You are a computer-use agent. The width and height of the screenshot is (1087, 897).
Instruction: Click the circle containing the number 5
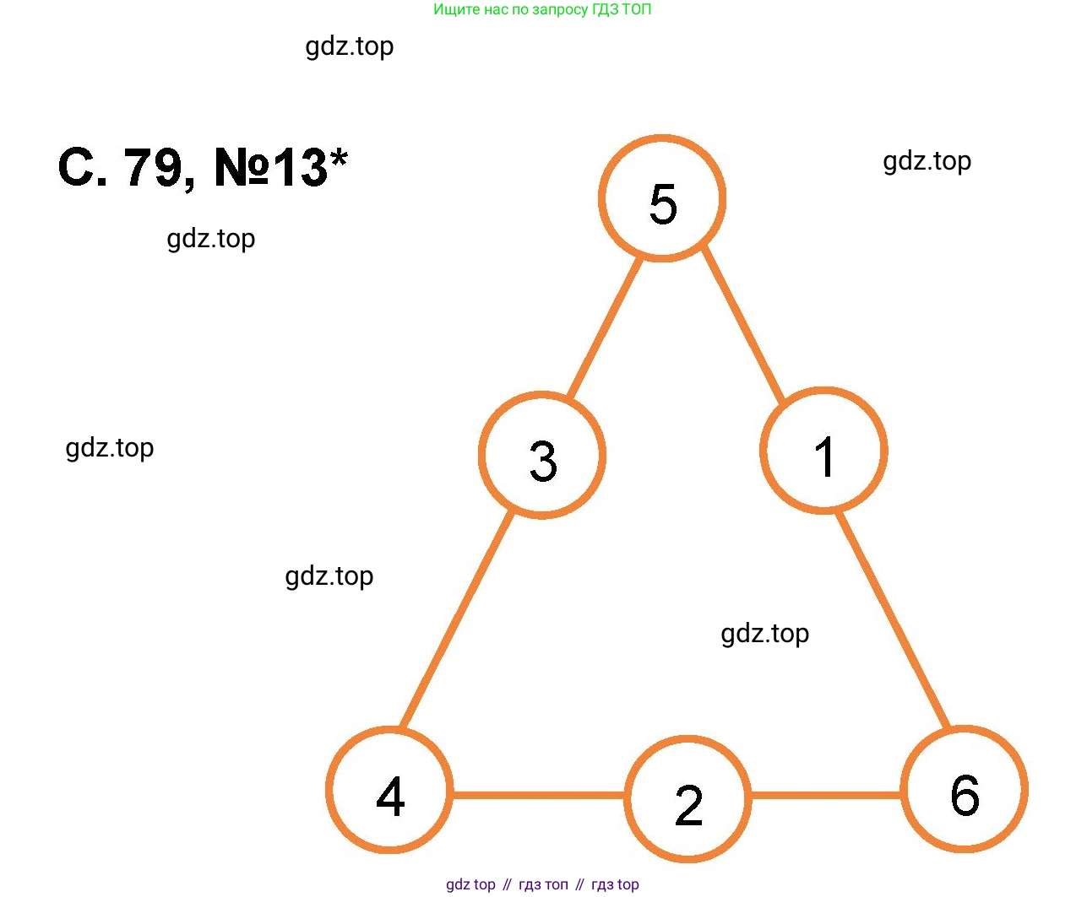662,199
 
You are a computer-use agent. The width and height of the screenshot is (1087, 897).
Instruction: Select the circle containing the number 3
542,456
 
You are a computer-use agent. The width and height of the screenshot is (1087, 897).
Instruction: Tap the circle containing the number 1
823,451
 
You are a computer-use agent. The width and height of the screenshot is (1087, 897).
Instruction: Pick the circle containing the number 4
389,791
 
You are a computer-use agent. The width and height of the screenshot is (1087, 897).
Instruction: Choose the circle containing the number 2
688,799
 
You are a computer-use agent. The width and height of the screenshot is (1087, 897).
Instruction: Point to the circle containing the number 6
964,790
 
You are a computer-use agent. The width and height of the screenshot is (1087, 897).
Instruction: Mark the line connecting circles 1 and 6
894,620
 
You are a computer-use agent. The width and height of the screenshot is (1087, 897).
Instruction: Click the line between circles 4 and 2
539,794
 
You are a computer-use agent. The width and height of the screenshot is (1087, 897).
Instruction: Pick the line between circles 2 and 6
826,794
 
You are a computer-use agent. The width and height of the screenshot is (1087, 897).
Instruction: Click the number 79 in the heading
153,167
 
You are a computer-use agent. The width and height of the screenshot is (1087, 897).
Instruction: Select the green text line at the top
542,10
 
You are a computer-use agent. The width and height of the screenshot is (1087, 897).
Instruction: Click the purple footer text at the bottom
542,884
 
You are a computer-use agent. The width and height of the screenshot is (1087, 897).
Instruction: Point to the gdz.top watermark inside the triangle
764,633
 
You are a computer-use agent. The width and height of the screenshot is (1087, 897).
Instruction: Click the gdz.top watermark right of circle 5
927,160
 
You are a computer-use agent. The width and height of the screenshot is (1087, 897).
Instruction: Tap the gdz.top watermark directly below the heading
210,239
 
